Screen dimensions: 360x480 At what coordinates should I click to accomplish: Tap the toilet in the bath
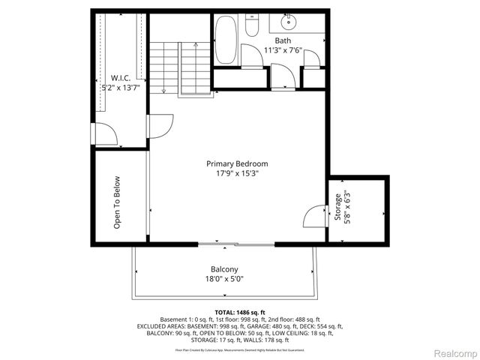point(253,27)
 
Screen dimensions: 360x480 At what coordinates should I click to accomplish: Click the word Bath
point(283,40)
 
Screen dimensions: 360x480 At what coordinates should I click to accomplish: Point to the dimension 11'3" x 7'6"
point(283,50)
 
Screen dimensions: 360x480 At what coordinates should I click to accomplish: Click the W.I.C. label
point(121,78)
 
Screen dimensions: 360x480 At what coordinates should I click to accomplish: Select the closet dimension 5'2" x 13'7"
point(121,88)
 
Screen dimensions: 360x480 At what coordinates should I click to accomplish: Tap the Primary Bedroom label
point(237,163)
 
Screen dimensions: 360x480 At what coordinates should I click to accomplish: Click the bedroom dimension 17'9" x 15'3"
point(237,173)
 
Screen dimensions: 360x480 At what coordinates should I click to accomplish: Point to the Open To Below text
point(117,202)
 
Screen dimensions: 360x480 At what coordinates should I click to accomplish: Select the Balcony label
point(224,269)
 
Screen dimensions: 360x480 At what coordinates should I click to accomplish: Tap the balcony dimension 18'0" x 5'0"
point(224,279)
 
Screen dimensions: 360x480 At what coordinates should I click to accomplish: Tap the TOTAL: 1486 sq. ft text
point(240,311)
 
